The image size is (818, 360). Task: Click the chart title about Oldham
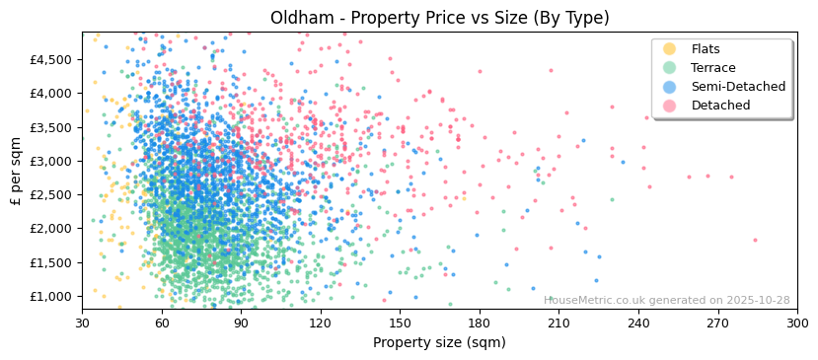[439, 18]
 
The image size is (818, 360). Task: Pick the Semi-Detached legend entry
[738, 87]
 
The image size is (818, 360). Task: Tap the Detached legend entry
[720, 106]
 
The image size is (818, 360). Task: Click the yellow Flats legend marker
[670, 49]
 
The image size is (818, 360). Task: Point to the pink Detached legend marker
[670, 106]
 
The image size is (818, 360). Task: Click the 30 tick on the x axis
[82, 324]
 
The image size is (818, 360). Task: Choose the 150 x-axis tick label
[400, 324]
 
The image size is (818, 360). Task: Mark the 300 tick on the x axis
[796, 324]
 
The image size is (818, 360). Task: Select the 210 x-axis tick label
[558, 324]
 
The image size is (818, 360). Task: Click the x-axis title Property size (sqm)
[439, 343]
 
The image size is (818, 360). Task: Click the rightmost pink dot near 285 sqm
[755, 240]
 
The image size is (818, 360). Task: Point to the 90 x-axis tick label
[241, 324]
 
